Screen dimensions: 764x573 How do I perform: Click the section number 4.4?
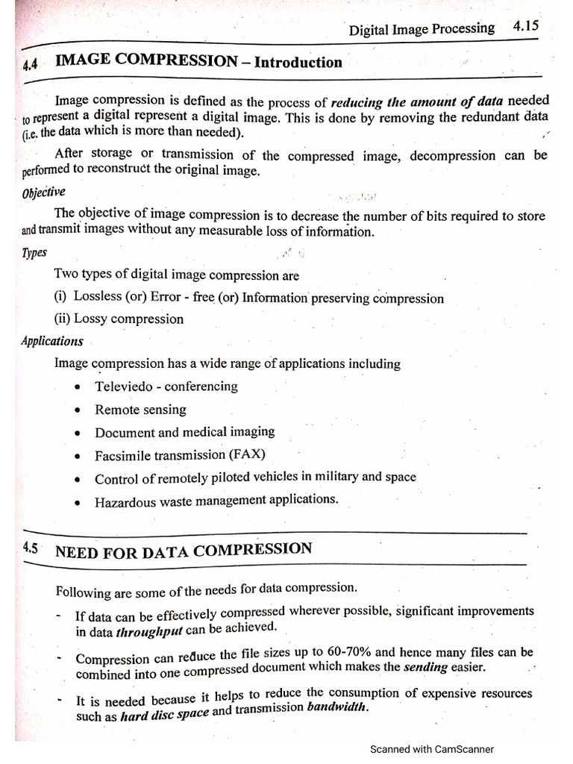pyautogui.click(x=31, y=65)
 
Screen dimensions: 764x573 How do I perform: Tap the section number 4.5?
pyautogui.click(x=31, y=548)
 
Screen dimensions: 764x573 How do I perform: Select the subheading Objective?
pyautogui.click(x=44, y=192)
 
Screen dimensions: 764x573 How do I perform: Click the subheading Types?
pyautogui.click(x=34, y=253)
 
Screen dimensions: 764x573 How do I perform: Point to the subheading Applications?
pyautogui.click(x=52, y=341)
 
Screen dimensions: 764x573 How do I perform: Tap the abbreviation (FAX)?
pyautogui.click(x=247, y=454)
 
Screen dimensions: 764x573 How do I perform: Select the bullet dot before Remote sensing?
pyautogui.click(x=79, y=411)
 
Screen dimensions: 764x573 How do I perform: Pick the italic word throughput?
pyautogui.click(x=149, y=631)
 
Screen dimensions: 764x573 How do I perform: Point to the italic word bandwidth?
pyautogui.click(x=337, y=707)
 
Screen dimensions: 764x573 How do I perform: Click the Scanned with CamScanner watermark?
pyautogui.click(x=431, y=749)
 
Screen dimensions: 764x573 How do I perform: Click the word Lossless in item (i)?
pyautogui.click(x=97, y=297)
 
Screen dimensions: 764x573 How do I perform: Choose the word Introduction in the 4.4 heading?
pyautogui.click(x=298, y=63)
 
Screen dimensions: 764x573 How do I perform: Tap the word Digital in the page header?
pyautogui.click(x=369, y=31)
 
